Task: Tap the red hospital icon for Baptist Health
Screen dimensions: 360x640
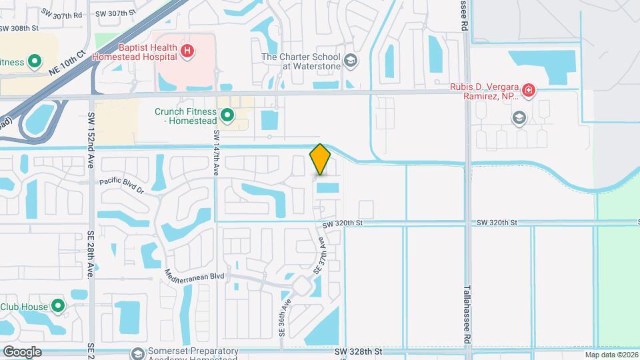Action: click(x=188, y=50)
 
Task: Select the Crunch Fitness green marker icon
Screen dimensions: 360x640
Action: click(x=227, y=117)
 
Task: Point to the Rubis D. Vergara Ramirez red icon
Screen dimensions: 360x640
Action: click(x=528, y=90)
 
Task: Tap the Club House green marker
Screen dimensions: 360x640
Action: click(x=58, y=307)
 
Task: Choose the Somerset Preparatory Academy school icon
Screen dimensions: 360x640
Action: click(x=138, y=353)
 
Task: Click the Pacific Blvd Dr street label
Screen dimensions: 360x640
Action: click(x=121, y=185)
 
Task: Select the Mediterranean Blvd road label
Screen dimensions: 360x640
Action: click(x=195, y=275)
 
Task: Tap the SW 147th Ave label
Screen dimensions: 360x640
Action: click(x=217, y=153)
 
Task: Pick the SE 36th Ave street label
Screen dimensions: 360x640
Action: click(x=285, y=313)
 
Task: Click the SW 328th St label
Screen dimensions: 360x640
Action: click(x=357, y=351)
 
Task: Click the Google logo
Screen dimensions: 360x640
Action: click(x=21, y=351)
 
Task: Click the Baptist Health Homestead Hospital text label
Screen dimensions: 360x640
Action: click(x=147, y=52)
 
